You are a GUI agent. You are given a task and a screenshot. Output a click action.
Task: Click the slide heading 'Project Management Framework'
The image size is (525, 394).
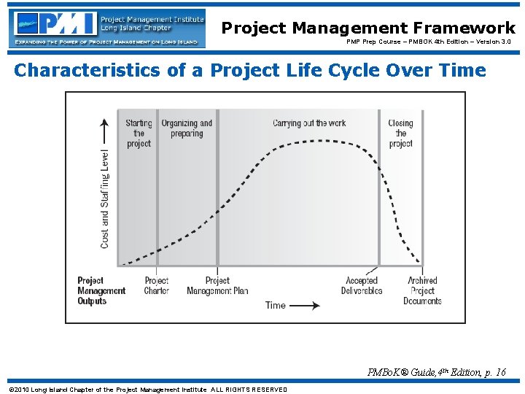pos(368,28)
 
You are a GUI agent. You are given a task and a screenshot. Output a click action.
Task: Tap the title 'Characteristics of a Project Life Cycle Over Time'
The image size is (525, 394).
pos(250,71)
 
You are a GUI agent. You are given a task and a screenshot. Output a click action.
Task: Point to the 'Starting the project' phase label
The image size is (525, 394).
pos(139,134)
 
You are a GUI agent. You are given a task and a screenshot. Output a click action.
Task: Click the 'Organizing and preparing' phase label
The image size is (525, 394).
pos(187,128)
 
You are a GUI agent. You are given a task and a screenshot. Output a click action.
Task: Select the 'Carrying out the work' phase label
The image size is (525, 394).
pos(309,123)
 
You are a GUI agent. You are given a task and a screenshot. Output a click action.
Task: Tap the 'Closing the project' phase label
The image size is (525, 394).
pos(400,134)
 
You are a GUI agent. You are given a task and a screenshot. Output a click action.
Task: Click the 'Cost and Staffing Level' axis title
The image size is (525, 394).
pos(105,198)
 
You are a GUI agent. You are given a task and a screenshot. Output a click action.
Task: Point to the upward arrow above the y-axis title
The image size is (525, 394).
pos(105,131)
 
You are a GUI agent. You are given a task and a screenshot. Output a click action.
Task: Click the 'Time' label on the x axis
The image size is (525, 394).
pos(276,305)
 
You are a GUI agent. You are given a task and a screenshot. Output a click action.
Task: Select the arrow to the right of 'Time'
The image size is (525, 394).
pos(305,305)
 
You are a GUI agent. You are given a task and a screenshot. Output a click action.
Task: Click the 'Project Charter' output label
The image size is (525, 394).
pos(157,285)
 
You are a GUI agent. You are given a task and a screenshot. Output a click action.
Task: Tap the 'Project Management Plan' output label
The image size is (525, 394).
pos(217,285)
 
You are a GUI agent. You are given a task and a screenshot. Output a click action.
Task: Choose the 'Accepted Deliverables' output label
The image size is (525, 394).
pos(362,285)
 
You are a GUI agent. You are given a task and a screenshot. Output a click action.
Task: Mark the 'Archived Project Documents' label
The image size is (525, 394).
pos(422,290)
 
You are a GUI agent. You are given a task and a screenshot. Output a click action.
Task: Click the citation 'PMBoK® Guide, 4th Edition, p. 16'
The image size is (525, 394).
pos(437,373)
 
